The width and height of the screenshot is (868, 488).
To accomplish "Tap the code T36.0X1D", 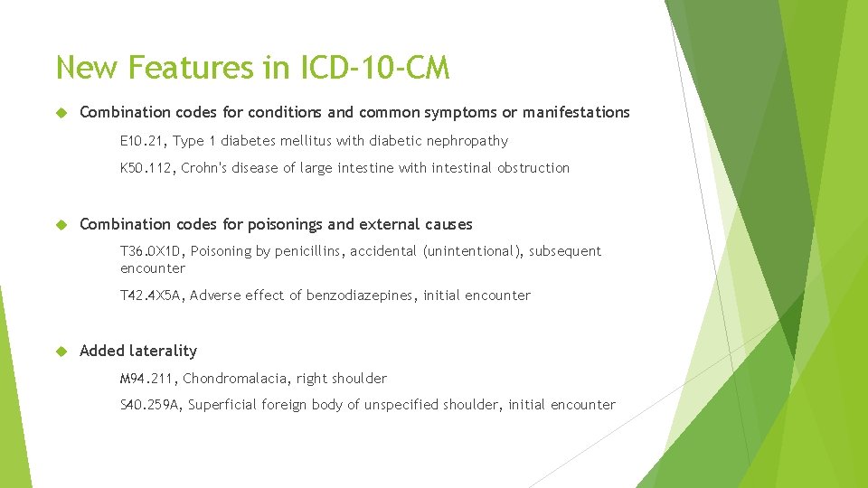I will click(151, 251).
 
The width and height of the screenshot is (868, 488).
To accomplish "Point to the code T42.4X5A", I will click(151, 296).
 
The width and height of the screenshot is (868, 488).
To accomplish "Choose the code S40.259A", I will click(150, 405).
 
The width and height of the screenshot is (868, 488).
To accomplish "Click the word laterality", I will click(163, 351).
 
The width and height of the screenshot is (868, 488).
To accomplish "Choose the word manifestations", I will click(576, 112).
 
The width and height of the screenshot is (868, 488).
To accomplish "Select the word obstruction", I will click(533, 168).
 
